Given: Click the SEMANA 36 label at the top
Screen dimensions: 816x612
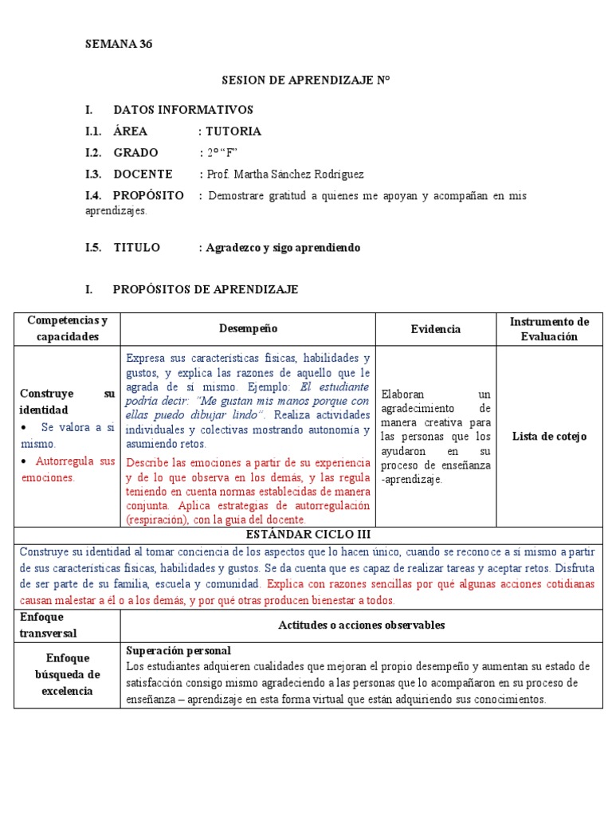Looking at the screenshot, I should tap(119, 45).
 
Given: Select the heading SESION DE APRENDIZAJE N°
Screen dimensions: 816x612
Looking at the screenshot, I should tap(305, 81).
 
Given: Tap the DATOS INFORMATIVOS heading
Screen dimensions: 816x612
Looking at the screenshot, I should tap(183, 110).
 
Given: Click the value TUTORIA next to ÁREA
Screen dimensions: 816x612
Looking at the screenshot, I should tap(233, 131).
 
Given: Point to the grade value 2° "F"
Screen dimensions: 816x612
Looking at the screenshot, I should tap(222, 153).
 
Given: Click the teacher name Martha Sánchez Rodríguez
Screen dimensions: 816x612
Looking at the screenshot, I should tap(284, 175).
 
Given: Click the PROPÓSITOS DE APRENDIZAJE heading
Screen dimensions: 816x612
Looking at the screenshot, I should tap(206, 290).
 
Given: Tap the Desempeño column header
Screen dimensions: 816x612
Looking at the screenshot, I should tap(249, 329).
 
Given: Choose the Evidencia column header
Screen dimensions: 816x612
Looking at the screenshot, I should tap(435, 329).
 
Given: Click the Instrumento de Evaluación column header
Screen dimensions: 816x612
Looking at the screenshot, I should tap(549, 329).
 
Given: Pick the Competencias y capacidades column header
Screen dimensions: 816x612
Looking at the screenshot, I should tap(67, 329).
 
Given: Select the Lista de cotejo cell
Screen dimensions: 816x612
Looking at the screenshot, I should tap(549, 437).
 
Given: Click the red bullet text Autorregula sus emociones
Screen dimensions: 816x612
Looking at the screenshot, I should tap(68, 469).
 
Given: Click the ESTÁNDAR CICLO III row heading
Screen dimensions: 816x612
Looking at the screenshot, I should tap(309, 535).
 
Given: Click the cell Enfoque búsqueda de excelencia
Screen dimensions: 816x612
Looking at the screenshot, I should tap(67, 675).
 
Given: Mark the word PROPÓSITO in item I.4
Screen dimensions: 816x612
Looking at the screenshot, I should tap(148, 196).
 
